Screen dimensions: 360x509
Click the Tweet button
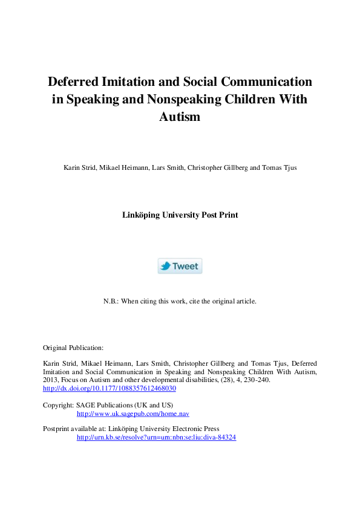(x=180, y=266)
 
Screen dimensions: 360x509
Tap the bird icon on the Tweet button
(x=165, y=266)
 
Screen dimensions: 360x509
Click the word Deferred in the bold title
(x=76, y=81)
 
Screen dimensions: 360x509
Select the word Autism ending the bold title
(x=180, y=117)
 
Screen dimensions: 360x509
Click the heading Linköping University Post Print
(x=180, y=215)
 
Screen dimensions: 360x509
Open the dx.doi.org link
(x=110, y=388)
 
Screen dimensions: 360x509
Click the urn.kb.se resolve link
(x=156, y=437)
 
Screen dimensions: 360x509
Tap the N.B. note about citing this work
(x=180, y=300)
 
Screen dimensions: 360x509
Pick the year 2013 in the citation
(x=50, y=380)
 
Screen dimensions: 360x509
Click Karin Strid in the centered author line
(x=79, y=167)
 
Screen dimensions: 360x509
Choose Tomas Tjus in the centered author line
(x=280, y=167)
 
